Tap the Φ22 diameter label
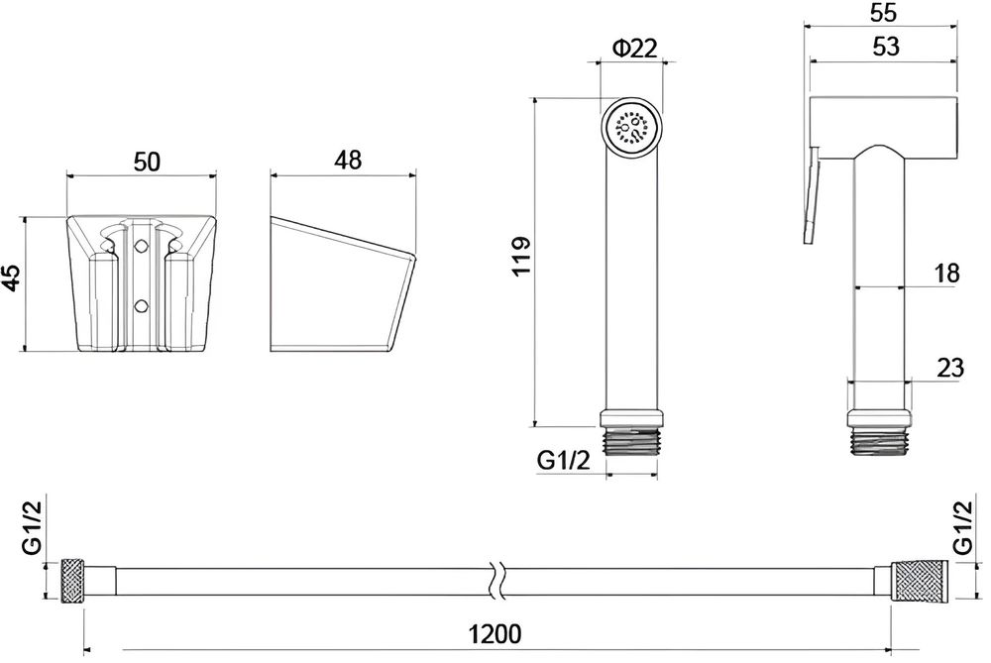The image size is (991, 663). click(635, 48)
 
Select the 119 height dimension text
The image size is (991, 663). click(521, 257)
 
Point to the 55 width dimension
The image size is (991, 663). click(883, 13)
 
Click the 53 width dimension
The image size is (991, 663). click(885, 47)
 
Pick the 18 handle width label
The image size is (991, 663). click(946, 274)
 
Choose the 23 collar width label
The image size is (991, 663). click(950, 368)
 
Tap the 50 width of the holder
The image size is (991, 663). click(147, 162)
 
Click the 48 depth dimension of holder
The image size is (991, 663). click(348, 160)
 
